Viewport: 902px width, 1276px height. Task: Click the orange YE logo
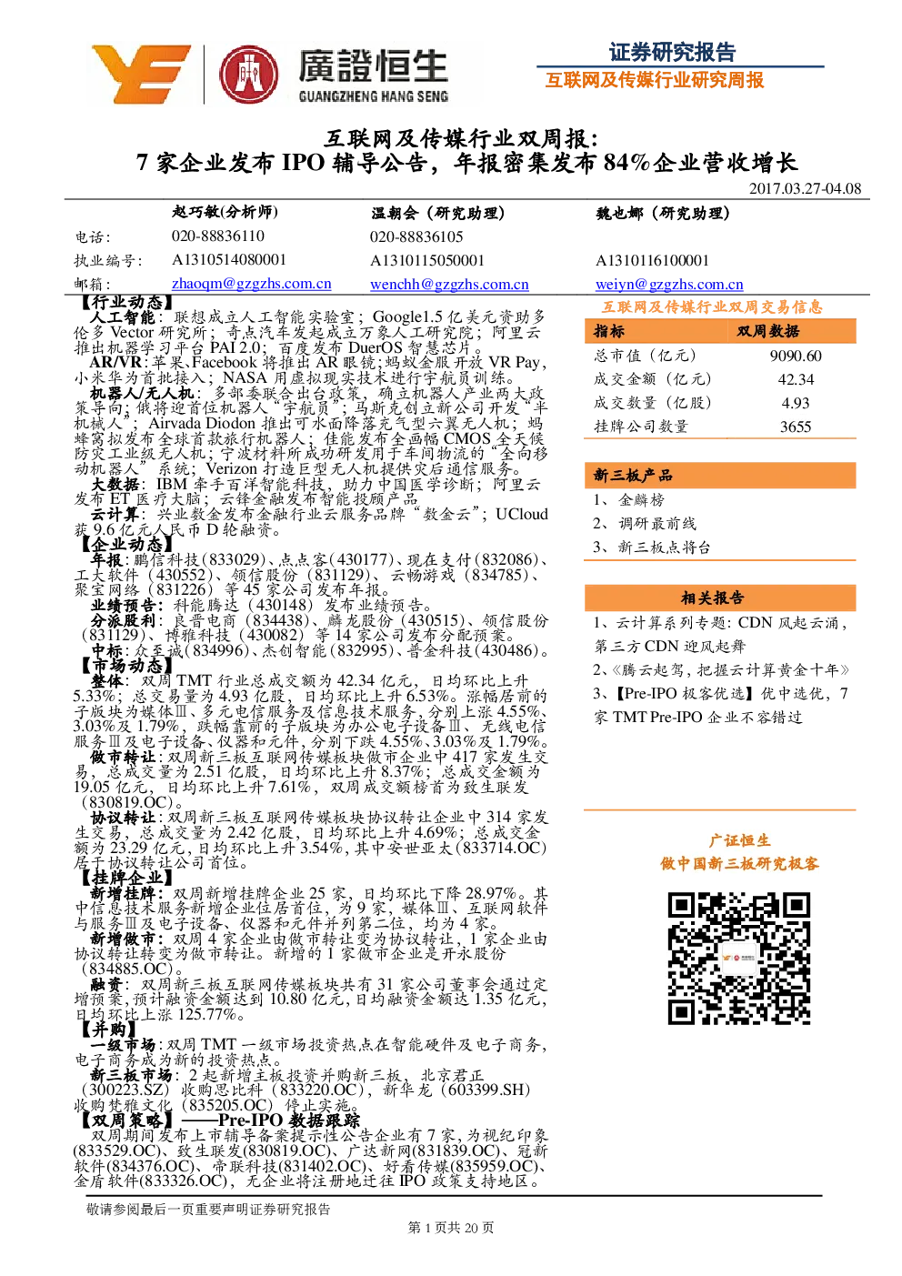pyautogui.click(x=141, y=74)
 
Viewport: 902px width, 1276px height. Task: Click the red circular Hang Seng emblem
pyautogui.click(x=249, y=75)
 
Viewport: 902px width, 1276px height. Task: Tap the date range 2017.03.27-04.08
pyautogui.click(x=805, y=188)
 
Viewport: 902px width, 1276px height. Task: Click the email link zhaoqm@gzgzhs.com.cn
pyautogui.click(x=251, y=284)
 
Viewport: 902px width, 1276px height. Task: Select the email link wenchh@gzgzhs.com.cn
pyautogui.click(x=449, y=285)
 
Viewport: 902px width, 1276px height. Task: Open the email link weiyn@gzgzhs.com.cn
pyautogui.click(x=669, y=285)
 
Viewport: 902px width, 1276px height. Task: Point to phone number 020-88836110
pyautogui.click(x=218, y=236)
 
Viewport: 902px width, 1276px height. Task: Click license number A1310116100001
pyautogui.click(x=652, y=260)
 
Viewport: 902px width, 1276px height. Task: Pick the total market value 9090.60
pyautogui.click(x=796, y=356)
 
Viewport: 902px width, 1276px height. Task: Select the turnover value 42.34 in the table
pyautogui.click(x=796, y=379)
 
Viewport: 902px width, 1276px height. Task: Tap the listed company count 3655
pyautogui.click(x=796, y=427)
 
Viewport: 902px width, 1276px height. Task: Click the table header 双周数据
pyautogui.click(x=767, y=331)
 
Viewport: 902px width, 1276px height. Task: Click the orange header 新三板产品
pyautogui.click(x=633, y=475)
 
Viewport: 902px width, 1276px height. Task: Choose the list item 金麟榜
pyautogui.click(x=641, y=499)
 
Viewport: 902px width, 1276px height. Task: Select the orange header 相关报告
pyautogui.click(x=712, y=598)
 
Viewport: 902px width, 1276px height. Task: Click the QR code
pyautogui.click(x=738, y=959)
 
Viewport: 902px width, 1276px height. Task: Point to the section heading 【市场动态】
pyautogui.click(x=123, y=666)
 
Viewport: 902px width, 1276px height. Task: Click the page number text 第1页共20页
pyautogui.click(x=450, y=1227)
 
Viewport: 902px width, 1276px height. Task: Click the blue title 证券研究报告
pyautogui.click(x=672, y=53)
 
